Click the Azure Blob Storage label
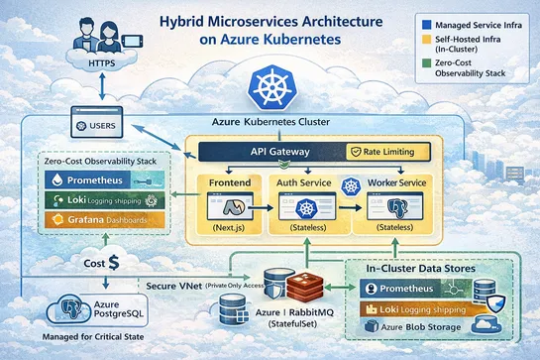coord(415,328)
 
